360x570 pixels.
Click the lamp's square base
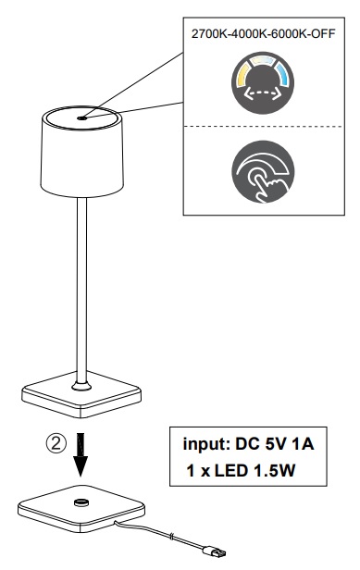[x=82, y=395]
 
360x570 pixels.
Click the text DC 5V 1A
[x=278, y=444]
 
